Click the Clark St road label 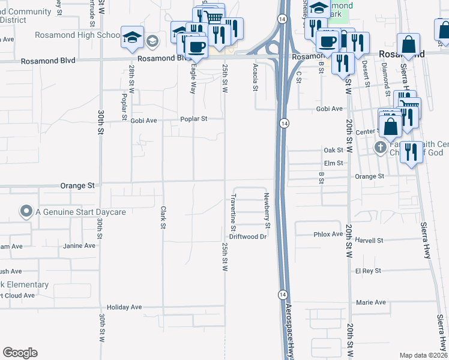[x=163, y=218]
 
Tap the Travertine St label [x=233, y=212]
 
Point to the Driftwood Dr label [x=247, y=237]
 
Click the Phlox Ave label [x=328, y=235]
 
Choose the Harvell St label [x=369, y=241]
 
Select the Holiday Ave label [x=124, y=307]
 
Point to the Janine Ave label [x=79, y=246]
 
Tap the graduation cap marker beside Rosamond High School [x=131, y=37]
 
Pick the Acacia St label [x=255, y=78]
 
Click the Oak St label [x=333, y=150]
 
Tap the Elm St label [x=333, y=163]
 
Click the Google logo [x=20, y=353]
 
